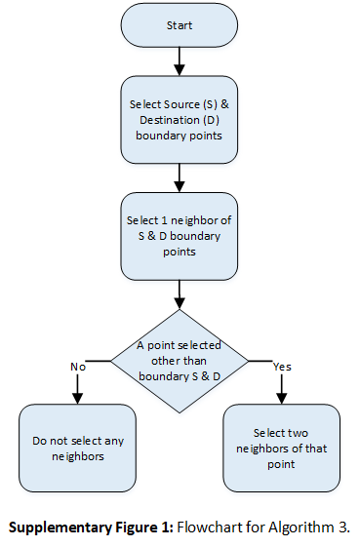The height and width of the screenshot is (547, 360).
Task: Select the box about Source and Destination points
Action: click(x=180, y=121)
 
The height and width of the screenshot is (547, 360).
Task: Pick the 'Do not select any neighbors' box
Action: click(x=77, y=449)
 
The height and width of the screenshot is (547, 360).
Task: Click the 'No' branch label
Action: click(x=77, y=367)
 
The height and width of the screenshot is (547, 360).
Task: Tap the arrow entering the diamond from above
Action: click(x=180, y=293)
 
